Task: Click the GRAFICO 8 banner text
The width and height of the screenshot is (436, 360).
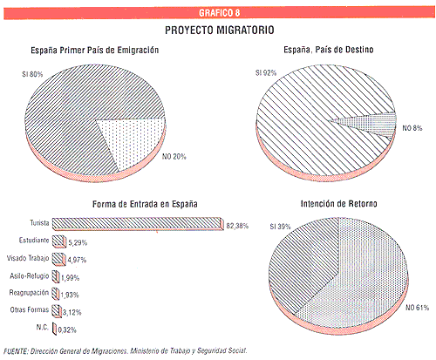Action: pyautogui.click(x=220, y=13)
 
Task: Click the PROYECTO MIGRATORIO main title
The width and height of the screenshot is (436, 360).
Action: pyautogui.click(x=220, y=31)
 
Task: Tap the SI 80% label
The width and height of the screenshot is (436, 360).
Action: pyautogui.click(x=32, y=74)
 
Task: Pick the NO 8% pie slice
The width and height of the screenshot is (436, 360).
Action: pyautogui.click(x=375, y=125)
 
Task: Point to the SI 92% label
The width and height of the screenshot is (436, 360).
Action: pyautogui.click(x=266, y=73)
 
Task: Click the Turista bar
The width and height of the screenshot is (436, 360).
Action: pyautogui.click(x=138, y=224)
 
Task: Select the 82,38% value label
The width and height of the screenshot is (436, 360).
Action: pyautogui.click(x=237, y=226)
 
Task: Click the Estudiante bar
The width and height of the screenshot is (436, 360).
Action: pyautogui.click(x=59, y=241)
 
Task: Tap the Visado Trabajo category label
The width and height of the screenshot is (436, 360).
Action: pyautogui.click(x=28, y=258)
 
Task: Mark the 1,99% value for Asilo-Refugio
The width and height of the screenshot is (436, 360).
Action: pyautogui.click(x=70, y=278)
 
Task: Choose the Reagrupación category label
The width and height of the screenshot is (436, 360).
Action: pyautogui.click(x=29, y=293)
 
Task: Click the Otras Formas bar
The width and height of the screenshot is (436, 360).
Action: pyautogui.click(x=57, y=310)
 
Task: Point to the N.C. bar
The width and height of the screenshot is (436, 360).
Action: pyautogui.click(x=54, y=329)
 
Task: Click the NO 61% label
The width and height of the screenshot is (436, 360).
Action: pyautogui.click(x=417, y=308)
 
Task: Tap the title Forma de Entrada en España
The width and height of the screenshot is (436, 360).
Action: pyautogui.click(x=145, y=204)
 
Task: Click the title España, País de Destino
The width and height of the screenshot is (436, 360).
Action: pyautogui.click(x=329, y=50)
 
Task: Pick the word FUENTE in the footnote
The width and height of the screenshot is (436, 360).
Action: pyautogui.click(x=16, y=351)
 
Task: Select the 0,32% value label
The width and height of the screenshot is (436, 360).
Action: pyautogui.click(x=67, y=330)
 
